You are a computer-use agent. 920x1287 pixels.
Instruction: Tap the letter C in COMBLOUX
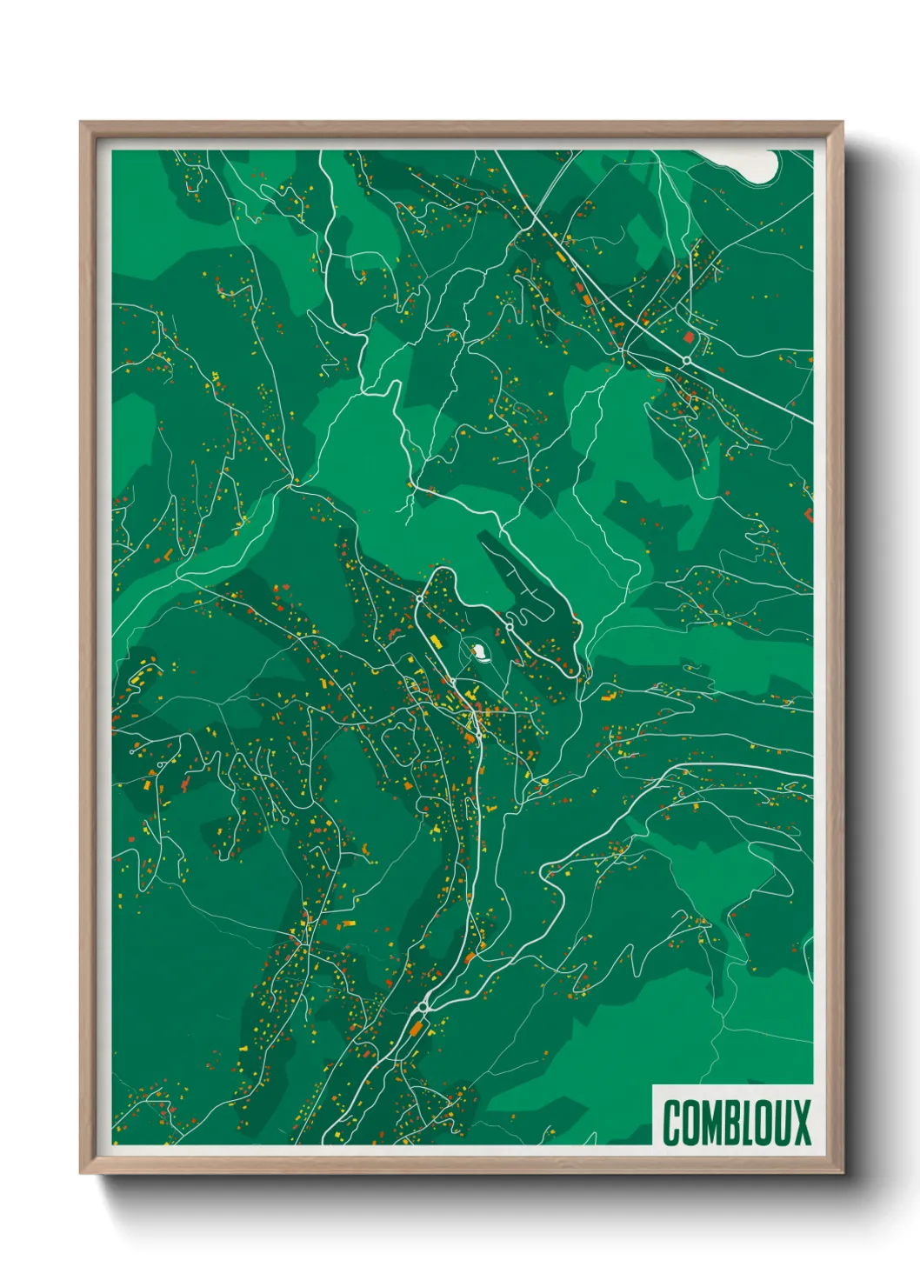[671, 1123]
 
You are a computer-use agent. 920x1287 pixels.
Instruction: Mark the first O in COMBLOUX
[690, 1123]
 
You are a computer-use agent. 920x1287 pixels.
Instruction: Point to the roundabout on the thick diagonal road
[686, 359]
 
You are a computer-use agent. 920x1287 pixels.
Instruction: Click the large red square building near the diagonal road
[689, 337]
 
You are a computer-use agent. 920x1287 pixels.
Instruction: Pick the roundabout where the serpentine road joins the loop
[509, 625]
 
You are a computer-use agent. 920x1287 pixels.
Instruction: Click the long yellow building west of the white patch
[436, 641]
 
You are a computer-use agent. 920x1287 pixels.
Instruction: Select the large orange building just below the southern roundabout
[416, 1030]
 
